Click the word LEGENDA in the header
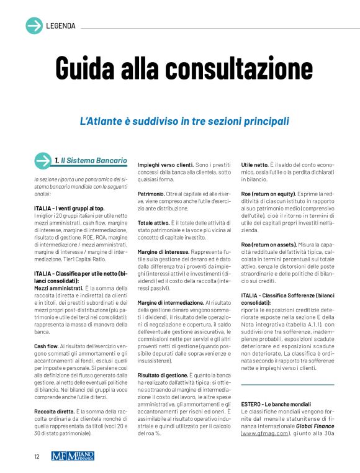pyautogui.click(x=61, y=26)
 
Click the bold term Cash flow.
pyautogui.click(x=48, y=345)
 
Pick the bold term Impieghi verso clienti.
pyautogui.click(x=166, y=164)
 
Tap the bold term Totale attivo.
pyautogui.click(x=155, y=222)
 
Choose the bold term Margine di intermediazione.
pyautogui.click(x=171, y=302)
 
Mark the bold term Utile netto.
pyautogui.click(x=256, y=164)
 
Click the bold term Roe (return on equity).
pyautogui.click(x=271, y=194)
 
